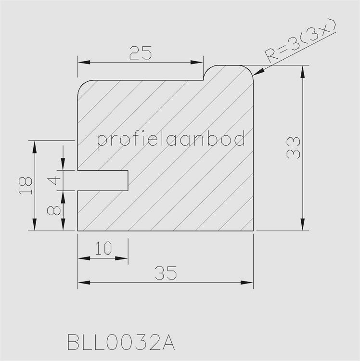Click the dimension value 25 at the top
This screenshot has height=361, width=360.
tap(141, 53)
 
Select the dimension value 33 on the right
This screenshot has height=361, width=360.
tap(293, 148)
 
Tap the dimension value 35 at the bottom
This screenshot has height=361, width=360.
tap(166, 273)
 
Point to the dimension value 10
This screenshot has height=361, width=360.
tap(103, 248)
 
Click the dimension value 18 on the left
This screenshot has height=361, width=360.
tap(26, 186)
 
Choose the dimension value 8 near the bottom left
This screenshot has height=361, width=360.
tap(54, 210)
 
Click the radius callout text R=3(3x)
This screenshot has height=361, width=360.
tap(301, 42)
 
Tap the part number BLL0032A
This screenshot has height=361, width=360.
tap(121, 342)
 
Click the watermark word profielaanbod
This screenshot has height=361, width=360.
tap(171, 140)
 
